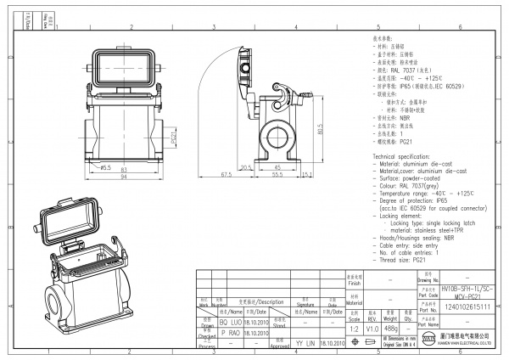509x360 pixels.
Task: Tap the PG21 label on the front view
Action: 174,138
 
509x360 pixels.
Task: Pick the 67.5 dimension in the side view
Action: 226,174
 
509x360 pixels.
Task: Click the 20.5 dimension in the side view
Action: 246,167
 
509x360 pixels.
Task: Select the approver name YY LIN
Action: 305,343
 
